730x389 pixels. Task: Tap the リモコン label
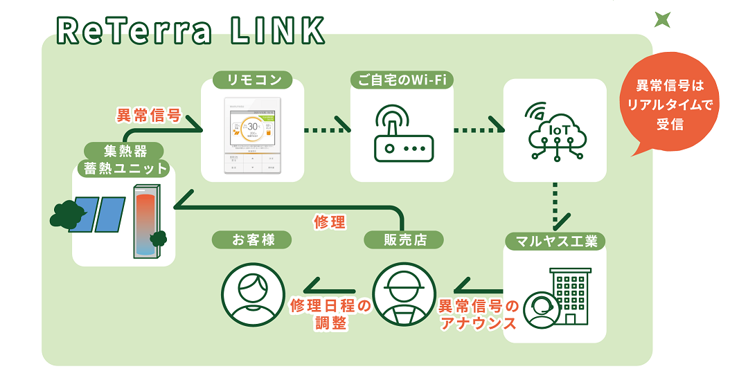coord(251,80)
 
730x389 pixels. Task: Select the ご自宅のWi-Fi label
coord(402,80)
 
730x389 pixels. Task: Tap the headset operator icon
coord(539,310)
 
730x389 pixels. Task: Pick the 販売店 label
coord(404,240)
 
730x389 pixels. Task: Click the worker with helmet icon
coord(404,295)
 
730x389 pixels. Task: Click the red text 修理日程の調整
coord(329,313)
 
